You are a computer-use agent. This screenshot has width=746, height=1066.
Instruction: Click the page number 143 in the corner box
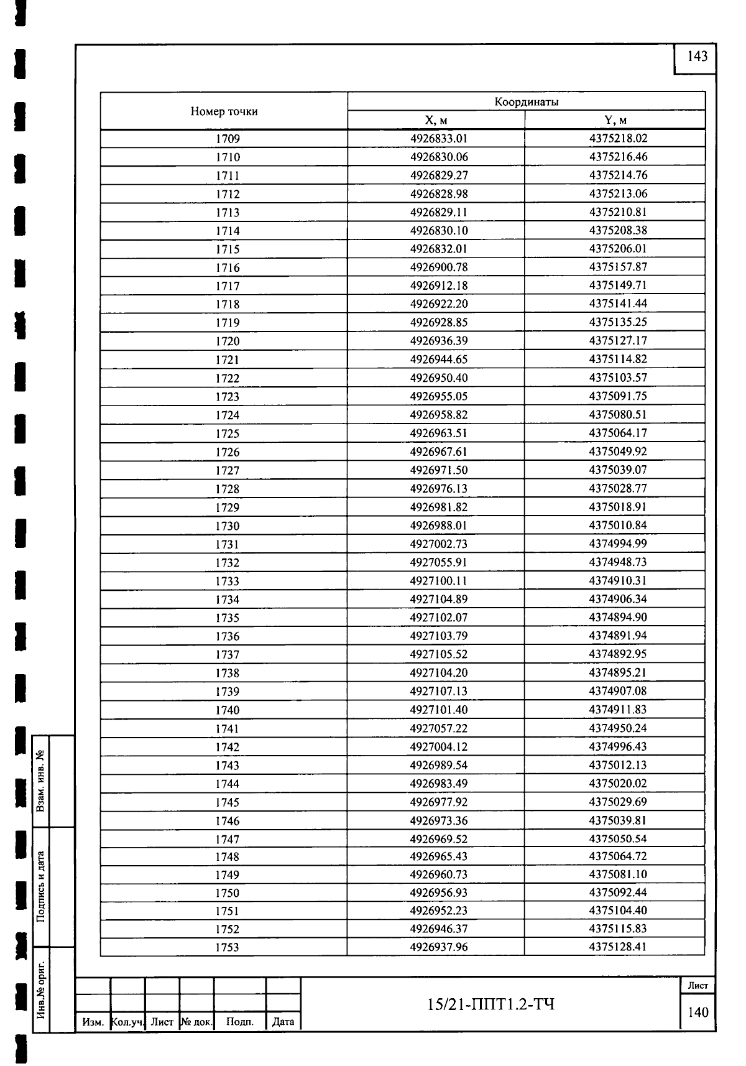pyautogui.click(x=697, y=57)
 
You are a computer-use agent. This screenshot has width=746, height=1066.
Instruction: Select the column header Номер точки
pyautogui.click(x=224, y=112)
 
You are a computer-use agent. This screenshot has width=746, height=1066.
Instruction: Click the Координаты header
pyautogui.click(x=526, y=102)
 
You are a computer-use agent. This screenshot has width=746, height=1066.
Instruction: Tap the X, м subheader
pyautogui.click(x=436, y=120)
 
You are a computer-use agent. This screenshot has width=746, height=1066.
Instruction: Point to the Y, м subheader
pyautogui.click(x=615, y=120)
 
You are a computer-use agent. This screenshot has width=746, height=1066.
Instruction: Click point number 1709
pyautogui.click(x=228, y=139)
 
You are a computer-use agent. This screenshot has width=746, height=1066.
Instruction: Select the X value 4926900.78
pyautogui.click(x=439, y=267)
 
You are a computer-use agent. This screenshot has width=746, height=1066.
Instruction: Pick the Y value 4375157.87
pyautogui.click(x=618, y=267)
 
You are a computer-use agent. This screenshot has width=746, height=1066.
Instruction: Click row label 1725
pyautogui.click(x=228, y=434)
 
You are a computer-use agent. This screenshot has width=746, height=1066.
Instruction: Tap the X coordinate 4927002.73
pyautogui.click(x=439, y=544)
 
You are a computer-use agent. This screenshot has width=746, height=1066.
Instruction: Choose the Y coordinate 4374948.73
pyautogui.click(x=618, y=562)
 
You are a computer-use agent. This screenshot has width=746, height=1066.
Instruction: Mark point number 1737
pyautogui.click(x=228, y=655)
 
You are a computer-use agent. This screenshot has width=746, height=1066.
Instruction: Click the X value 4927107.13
pyautogui.click(x=439, y=692)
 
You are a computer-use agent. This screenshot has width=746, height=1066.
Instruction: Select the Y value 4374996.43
pyautogui.click(x=618, y=746)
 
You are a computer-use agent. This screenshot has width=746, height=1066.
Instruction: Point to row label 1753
pyautogui.click(x=228, y=948)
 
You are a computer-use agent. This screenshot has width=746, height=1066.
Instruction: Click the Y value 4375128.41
pyautogui.click(x=618, y=947)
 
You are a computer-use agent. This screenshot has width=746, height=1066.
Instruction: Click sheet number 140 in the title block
pyautogui.click(x=698, y=1013)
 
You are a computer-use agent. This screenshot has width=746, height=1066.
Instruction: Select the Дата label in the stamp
pyautogui.click(x=283, y=1022)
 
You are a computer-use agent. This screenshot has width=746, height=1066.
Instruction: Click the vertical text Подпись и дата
pyautogui.click(x=40, y=887)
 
